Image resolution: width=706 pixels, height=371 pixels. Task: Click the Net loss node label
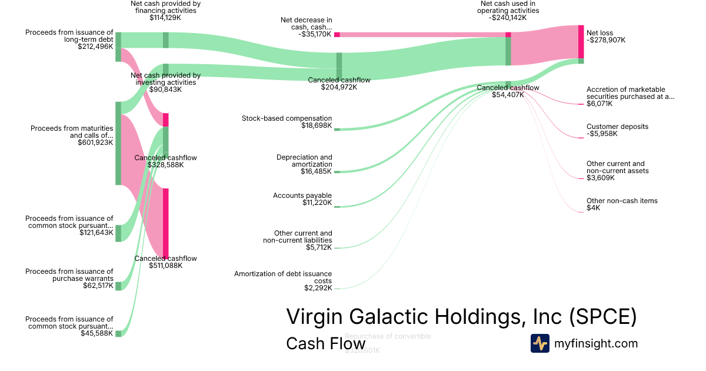click(x=601, y=33)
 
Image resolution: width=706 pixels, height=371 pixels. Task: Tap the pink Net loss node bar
click(x=581, y=41)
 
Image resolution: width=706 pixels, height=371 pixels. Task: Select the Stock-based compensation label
click(x=287, y=118)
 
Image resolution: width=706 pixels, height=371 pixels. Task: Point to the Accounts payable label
click(x=302, y=196)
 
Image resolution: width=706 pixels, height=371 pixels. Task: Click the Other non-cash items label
click(x=622, y=201)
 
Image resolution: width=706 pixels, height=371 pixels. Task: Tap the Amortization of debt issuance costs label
click(x=283, y=277)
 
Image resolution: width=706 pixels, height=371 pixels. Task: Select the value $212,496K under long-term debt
click(x=95, y=47)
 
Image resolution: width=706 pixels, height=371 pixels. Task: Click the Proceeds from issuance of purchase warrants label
click(x=69, y=275)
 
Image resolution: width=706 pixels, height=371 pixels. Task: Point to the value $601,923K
click(x=95, y=143)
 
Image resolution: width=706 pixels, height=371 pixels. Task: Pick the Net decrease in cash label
click(x=306, y=24)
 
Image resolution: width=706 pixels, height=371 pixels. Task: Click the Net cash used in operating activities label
click(x=508, y=7)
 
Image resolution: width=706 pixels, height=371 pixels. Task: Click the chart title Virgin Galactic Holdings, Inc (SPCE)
click(x=461, y=317)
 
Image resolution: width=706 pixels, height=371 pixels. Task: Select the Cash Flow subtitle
click(x=325, y=343)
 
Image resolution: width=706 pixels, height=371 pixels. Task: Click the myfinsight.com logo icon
click(x=540, y=343)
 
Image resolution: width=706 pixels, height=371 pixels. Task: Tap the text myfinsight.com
click(x=596, y=343)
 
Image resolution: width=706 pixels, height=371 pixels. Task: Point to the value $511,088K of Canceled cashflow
click(x=165, y=266)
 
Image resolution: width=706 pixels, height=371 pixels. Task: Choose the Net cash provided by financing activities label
click(x=165, y=7)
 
